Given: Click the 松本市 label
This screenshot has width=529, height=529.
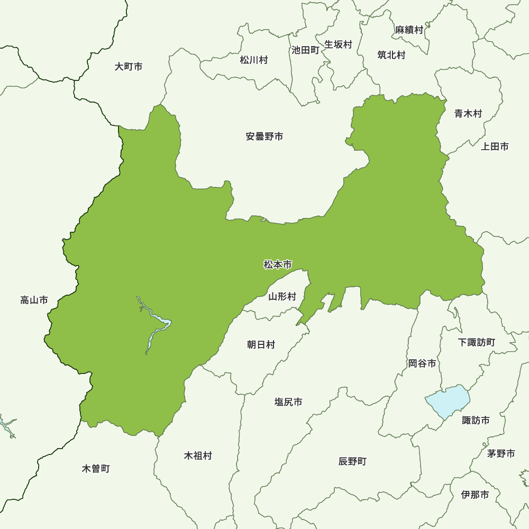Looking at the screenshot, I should [278, 264].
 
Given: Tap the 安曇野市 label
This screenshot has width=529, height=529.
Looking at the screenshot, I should [264, 136].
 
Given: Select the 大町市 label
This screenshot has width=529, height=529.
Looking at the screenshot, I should [129, 67].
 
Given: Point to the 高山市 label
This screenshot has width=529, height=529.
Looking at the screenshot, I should [34, 300].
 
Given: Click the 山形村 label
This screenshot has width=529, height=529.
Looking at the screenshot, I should [282, 296].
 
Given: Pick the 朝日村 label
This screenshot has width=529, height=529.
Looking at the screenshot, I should [261, 345].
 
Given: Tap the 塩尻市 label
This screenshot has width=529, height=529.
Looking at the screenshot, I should [288, 402].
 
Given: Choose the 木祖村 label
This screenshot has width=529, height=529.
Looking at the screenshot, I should [198, 455].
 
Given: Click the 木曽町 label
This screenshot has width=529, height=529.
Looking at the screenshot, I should [96, 469].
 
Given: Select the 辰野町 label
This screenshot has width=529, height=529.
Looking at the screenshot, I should [352, 461].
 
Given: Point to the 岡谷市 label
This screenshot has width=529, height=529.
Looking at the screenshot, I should [422, 363].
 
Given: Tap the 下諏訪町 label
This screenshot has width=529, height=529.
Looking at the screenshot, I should [477, 342].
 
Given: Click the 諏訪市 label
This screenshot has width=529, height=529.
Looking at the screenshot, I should [476, 421].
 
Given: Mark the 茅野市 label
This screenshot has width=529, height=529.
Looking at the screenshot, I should [501, 453].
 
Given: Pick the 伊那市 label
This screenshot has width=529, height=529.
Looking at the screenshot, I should [475, 495].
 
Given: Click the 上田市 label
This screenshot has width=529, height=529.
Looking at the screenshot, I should [495, 147].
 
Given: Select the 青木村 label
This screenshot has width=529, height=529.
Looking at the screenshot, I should [468, 113].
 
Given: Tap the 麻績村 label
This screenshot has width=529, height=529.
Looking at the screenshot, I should [409, 30].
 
